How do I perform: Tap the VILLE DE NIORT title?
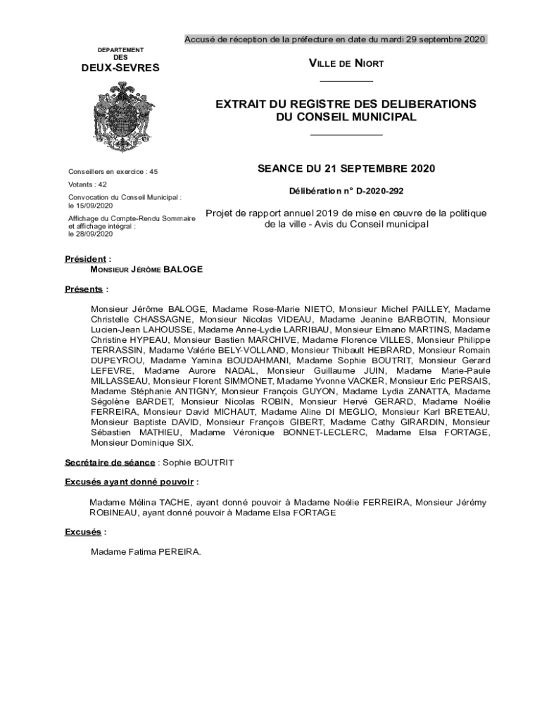click(x=346, y=64)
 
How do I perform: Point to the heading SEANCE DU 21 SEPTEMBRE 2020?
click(x=346, y=168)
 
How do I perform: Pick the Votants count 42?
click(x=102, y=184)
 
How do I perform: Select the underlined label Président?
click(x=86, y=259)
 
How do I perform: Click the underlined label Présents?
click(x=84, y=289)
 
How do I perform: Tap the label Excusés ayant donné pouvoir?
click(x=130, y=482)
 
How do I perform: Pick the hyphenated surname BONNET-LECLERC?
click(x=324, y=432)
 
